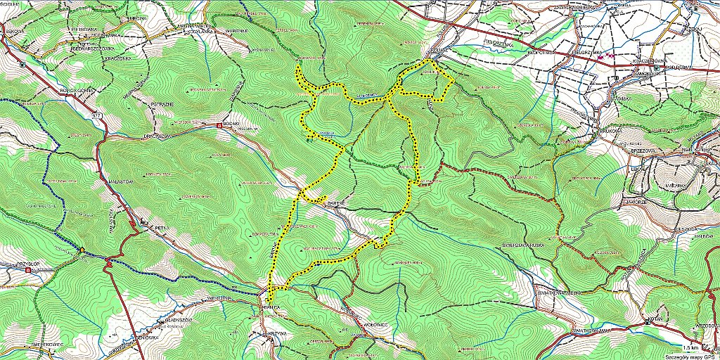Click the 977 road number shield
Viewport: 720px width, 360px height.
click(x=96, y=113)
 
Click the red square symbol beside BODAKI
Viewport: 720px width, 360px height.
click(x=219, y=126)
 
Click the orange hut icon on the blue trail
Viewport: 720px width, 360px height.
click(x=82, y=250)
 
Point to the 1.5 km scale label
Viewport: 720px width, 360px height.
click(x=690, y=348)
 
